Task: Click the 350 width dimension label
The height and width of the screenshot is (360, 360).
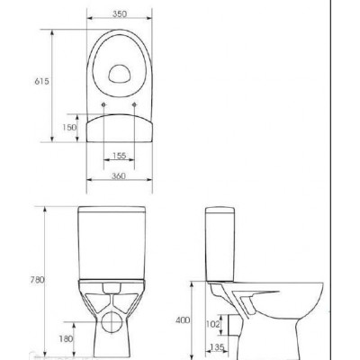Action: click(x=120, y=13)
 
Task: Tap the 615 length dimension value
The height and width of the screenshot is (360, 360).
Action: click(x=41, y=81)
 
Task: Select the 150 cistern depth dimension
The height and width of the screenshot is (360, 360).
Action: click(x=69, y=128)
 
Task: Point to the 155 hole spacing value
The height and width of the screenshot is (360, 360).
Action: click(x=119, y=156)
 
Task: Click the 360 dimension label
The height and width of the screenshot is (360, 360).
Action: click(x=119, y=175)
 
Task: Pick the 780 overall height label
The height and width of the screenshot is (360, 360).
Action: click(x=38, y=280)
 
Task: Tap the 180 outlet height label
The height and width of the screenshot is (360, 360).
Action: click(x=66, y=338)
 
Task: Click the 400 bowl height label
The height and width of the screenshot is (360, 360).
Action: click(x=183, y=320)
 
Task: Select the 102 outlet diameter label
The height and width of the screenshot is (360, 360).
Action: click(x=213, y=324)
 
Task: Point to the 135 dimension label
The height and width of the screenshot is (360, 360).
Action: click(x=217, y=347)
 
